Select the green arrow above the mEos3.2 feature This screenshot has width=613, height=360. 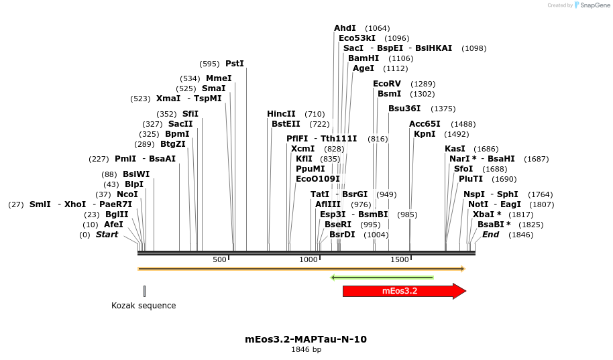tap(382, 277)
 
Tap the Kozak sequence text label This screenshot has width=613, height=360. tap(144, 306)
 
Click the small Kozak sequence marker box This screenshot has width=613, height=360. tap(144, 291)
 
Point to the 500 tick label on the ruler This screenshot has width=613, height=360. tap(220, 260)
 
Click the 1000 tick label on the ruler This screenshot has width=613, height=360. tap(309, 260)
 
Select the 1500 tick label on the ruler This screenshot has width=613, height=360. tap(400, 260)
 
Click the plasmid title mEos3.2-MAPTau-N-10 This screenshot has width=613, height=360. tap(306, 339)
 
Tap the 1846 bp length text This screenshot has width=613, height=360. tap(306, 350)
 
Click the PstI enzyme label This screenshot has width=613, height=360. tap(235, 64)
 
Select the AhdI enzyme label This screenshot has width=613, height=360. tap(345, 28)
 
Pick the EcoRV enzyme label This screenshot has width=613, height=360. tap(386, 84)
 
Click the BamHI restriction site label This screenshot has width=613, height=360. tap(363, 58)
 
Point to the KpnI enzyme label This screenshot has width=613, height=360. tap(425, 134)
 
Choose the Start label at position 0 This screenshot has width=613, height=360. tap(107, 235)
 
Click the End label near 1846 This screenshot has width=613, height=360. tap(490, 235)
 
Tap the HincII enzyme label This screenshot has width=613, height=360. tap(281, 114)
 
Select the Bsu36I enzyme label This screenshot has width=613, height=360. tap(404, 109)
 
